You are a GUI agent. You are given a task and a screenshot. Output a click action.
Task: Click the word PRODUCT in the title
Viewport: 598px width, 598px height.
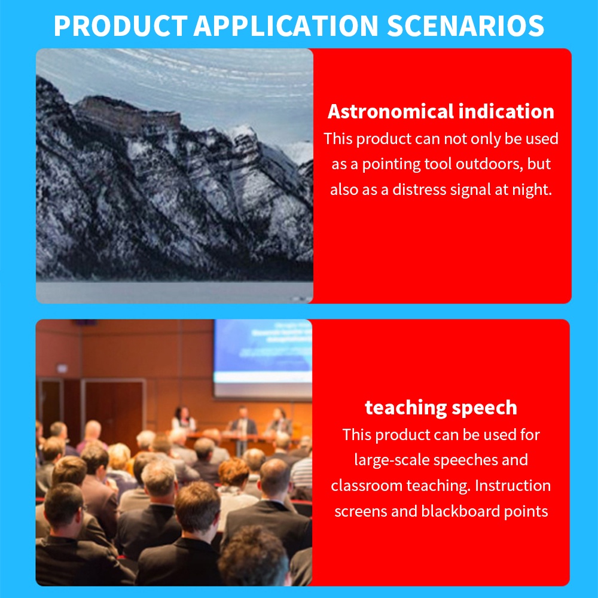coord(121,26)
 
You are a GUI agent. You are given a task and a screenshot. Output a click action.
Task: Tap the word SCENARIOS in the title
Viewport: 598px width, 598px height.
coord(466,26)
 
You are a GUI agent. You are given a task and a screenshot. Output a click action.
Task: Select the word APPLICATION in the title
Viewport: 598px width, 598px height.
coord(286,26)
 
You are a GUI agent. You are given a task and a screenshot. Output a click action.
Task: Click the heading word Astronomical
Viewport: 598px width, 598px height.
coord(391,111)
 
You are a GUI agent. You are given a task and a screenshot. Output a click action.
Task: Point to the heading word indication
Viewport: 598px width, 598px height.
coord(507,111)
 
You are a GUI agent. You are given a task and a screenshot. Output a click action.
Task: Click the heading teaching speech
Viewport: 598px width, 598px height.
coord(441,408)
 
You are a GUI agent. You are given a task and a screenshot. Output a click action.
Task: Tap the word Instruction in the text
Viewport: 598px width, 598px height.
coord(512,486)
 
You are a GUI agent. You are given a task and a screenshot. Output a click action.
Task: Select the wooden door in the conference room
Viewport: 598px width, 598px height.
coord(114,415)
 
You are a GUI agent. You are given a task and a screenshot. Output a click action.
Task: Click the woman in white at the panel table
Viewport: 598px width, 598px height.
coord(183,420)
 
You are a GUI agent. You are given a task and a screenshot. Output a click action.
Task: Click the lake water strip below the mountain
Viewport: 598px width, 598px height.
coord(174,292)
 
